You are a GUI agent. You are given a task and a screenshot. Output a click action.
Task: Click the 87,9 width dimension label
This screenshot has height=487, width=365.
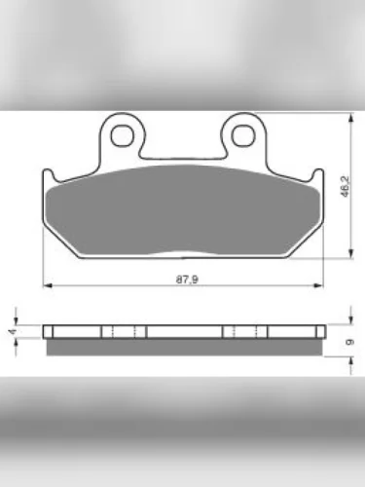187,279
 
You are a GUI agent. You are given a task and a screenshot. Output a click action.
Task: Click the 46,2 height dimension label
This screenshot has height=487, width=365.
345,186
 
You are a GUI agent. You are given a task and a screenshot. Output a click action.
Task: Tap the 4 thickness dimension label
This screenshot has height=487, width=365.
12,331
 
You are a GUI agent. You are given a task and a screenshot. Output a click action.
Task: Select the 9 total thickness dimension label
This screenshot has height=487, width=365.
349,342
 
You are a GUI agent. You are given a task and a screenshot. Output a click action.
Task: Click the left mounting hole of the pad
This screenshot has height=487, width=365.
122,135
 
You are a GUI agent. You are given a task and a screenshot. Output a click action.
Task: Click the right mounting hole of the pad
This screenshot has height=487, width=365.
243,135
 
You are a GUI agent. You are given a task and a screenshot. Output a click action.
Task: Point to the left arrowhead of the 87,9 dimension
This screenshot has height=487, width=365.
48,285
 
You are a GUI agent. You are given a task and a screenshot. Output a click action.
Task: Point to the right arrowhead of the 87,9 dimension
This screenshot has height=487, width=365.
319,285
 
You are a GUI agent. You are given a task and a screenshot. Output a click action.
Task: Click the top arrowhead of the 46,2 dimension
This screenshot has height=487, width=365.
350,118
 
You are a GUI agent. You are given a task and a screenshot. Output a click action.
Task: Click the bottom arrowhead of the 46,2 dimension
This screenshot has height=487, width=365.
350,254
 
